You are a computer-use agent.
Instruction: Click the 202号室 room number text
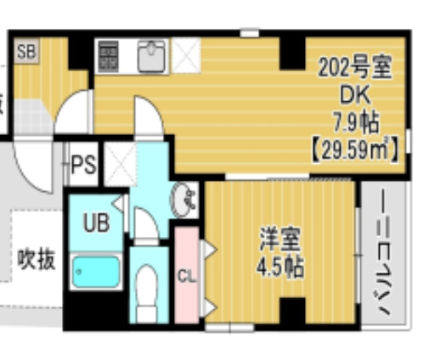point(356,65)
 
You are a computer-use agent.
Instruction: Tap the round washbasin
point(183,200)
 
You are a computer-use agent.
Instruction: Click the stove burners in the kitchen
point(108,55)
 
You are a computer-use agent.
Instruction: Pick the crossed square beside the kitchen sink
point(183,56)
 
